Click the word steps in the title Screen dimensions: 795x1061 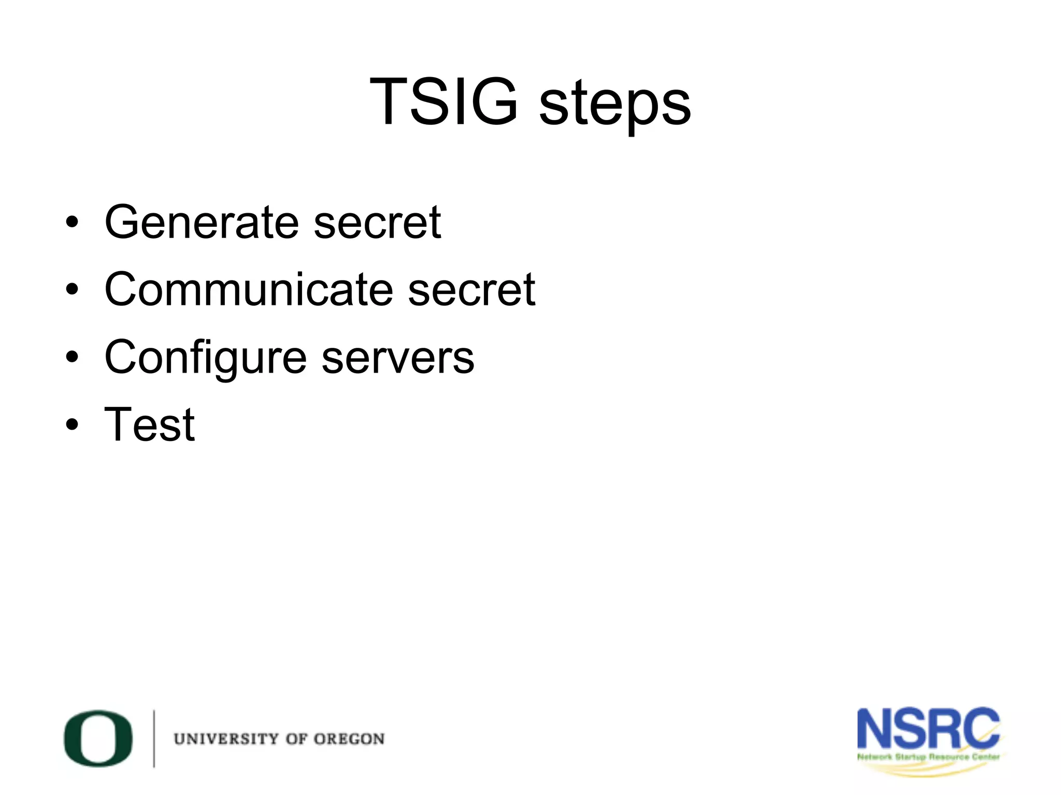[615, 104]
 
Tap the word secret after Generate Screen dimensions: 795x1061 [377, 222]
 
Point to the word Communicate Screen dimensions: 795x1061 [249, 289]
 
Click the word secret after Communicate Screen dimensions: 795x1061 [471, 289]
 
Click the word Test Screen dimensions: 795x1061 [149, 424]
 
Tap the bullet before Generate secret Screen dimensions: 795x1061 [72, 223]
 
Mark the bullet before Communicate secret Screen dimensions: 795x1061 [72, 290]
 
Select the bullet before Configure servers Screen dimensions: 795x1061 [72, 357]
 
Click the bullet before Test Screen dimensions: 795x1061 [72, 425]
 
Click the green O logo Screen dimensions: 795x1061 [98, 738]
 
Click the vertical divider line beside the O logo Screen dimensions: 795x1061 [154, 738]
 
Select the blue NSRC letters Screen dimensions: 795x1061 [928, 729]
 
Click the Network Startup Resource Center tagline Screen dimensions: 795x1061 [928, 757]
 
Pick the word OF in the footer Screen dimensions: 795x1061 [296, 739]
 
